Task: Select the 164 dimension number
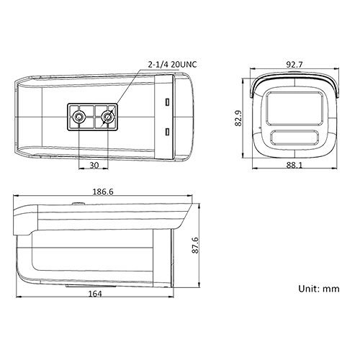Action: [x=95, y=294]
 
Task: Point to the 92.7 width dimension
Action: [x=293, y=64]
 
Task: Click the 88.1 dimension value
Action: [x=294, y=164]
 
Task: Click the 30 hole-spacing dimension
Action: [x=94, y=165]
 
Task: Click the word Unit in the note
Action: [x=309, y=288]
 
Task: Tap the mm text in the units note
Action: [x=331, y=288]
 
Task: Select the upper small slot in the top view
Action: [x=166, y=101]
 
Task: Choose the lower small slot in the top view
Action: [x=166, y=131]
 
